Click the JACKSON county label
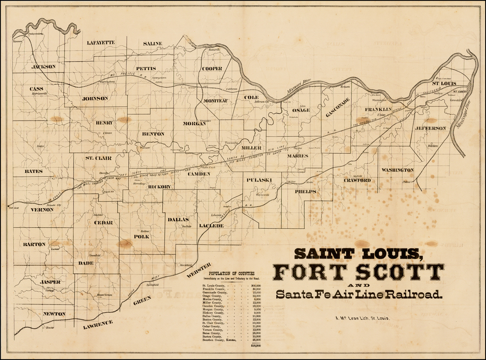point(43,67)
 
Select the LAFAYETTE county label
point(101,43)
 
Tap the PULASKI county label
point(259,180)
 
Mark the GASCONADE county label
point(337,107)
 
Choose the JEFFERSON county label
point(430,128)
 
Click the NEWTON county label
point(54,314)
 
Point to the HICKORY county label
point(159,187)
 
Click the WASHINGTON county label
point(397,170)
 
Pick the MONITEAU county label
point(215,101)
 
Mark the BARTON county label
point(34,244)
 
